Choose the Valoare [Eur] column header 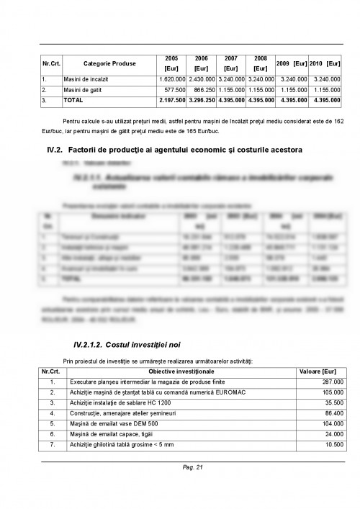tap(312, 370)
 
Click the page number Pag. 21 tap(194, 468)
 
